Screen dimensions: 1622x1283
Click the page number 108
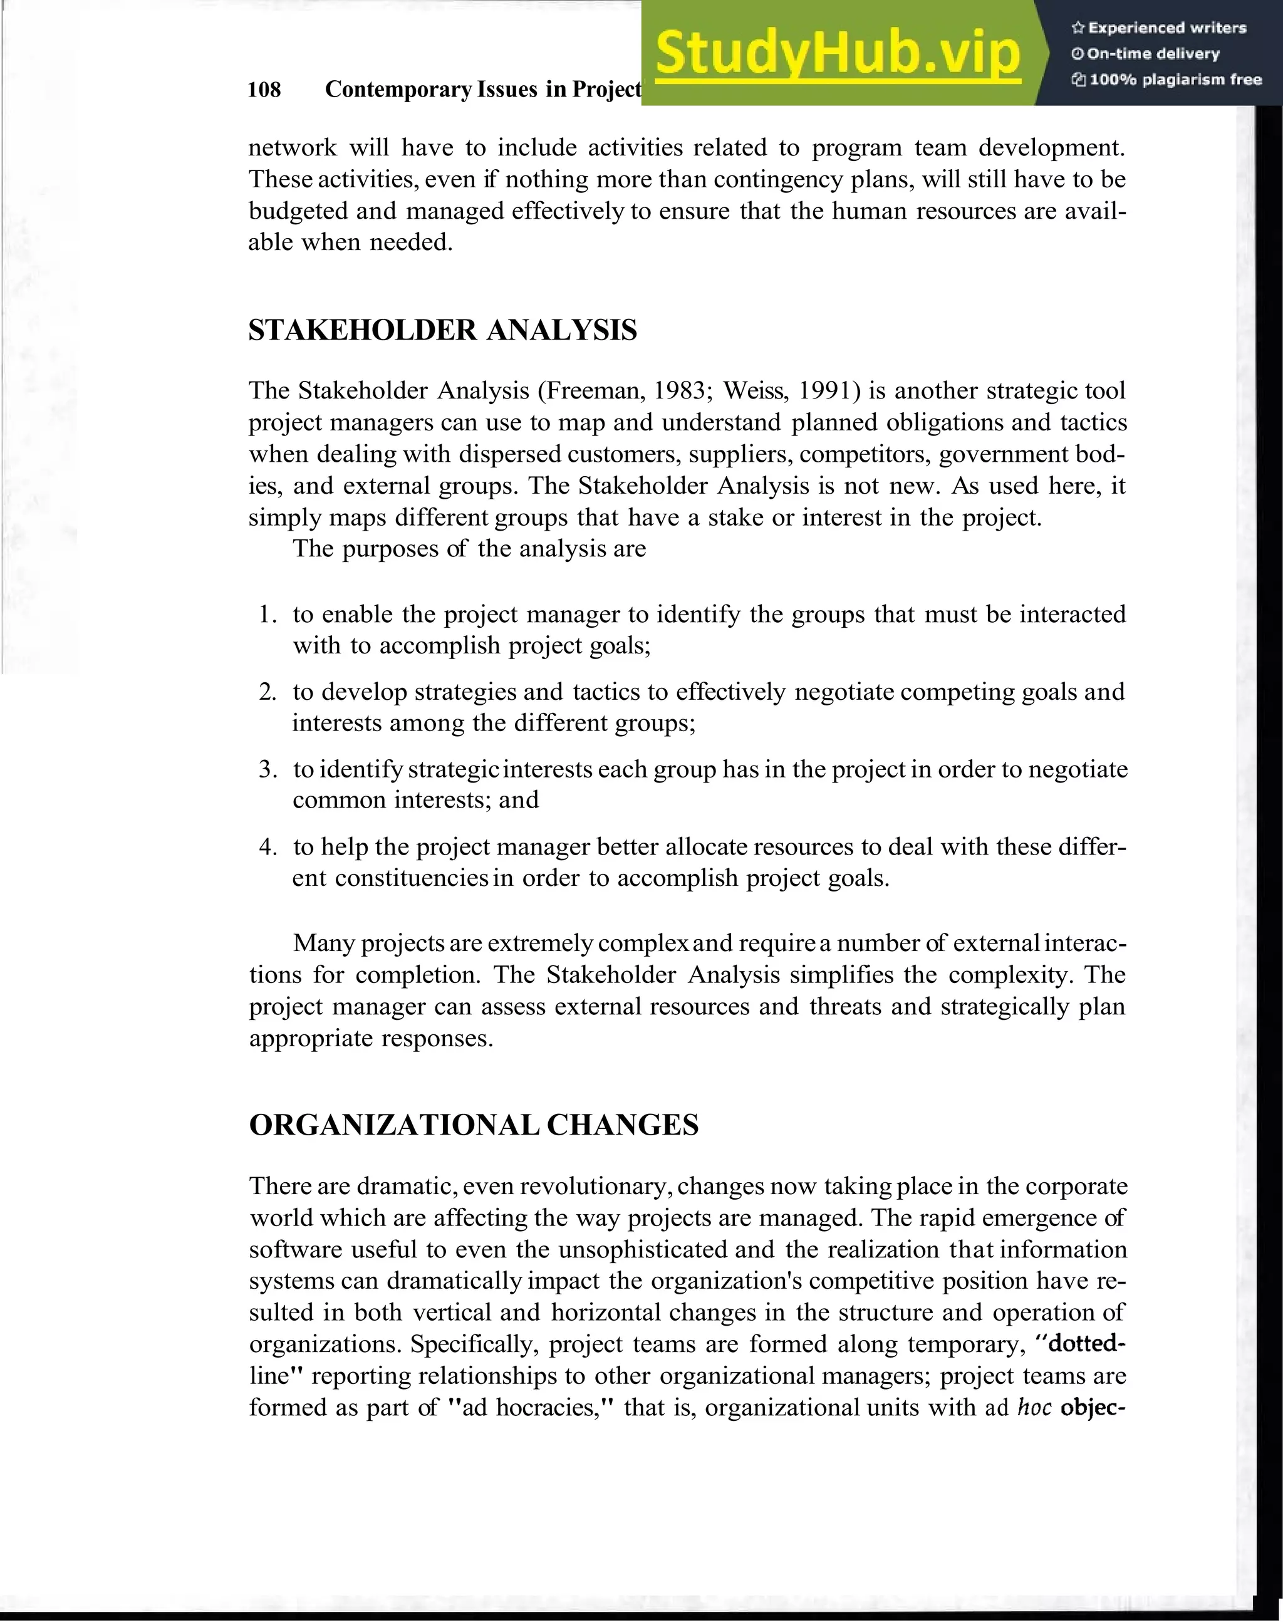[264, 90]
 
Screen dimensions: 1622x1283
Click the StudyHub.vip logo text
[837, 53]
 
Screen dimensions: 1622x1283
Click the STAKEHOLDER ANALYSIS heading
[442, 331]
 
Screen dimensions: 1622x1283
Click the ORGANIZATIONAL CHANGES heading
[473, 1125]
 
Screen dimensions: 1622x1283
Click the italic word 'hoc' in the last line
[1034, 1406]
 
